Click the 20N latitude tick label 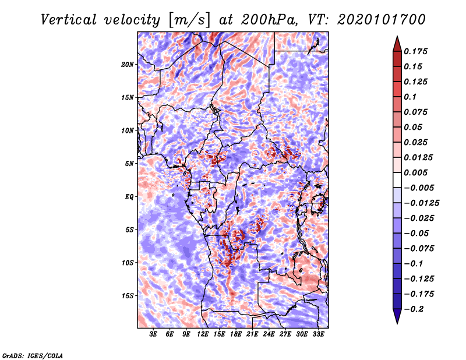(x=128, y=64)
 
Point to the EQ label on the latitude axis (x=129, y=197)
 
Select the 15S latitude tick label (x=128, y=296)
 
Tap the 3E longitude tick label (x=154, y=335)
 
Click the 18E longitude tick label (x=236, y=335)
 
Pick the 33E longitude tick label (x=319, y=335)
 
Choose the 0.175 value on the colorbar (x=417, y=51)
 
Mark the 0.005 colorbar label (x=417, y=172)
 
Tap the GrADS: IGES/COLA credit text (x=32, y=355)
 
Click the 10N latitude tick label (x=128, y=130)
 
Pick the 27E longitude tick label (x=285, y=335)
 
